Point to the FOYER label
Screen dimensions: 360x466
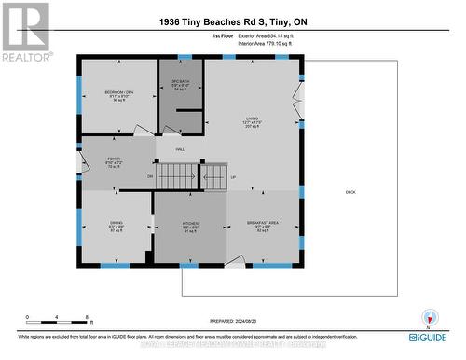pyautogui.click(x=115, y=159)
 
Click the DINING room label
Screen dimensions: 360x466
pyautogui.click(x=115, y=223)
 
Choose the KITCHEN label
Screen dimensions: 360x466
pyautogui.click(x=189, y=223)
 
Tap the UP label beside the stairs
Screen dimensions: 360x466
pyautogui.click(x=233, y=176)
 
